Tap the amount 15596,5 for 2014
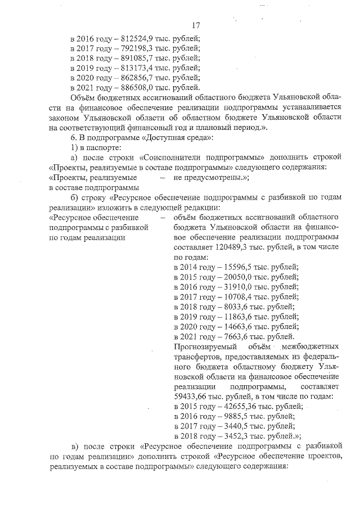(238, 266)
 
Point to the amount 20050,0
(238, 276)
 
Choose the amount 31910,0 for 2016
(238, 286)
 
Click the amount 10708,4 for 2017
(238, 296)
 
